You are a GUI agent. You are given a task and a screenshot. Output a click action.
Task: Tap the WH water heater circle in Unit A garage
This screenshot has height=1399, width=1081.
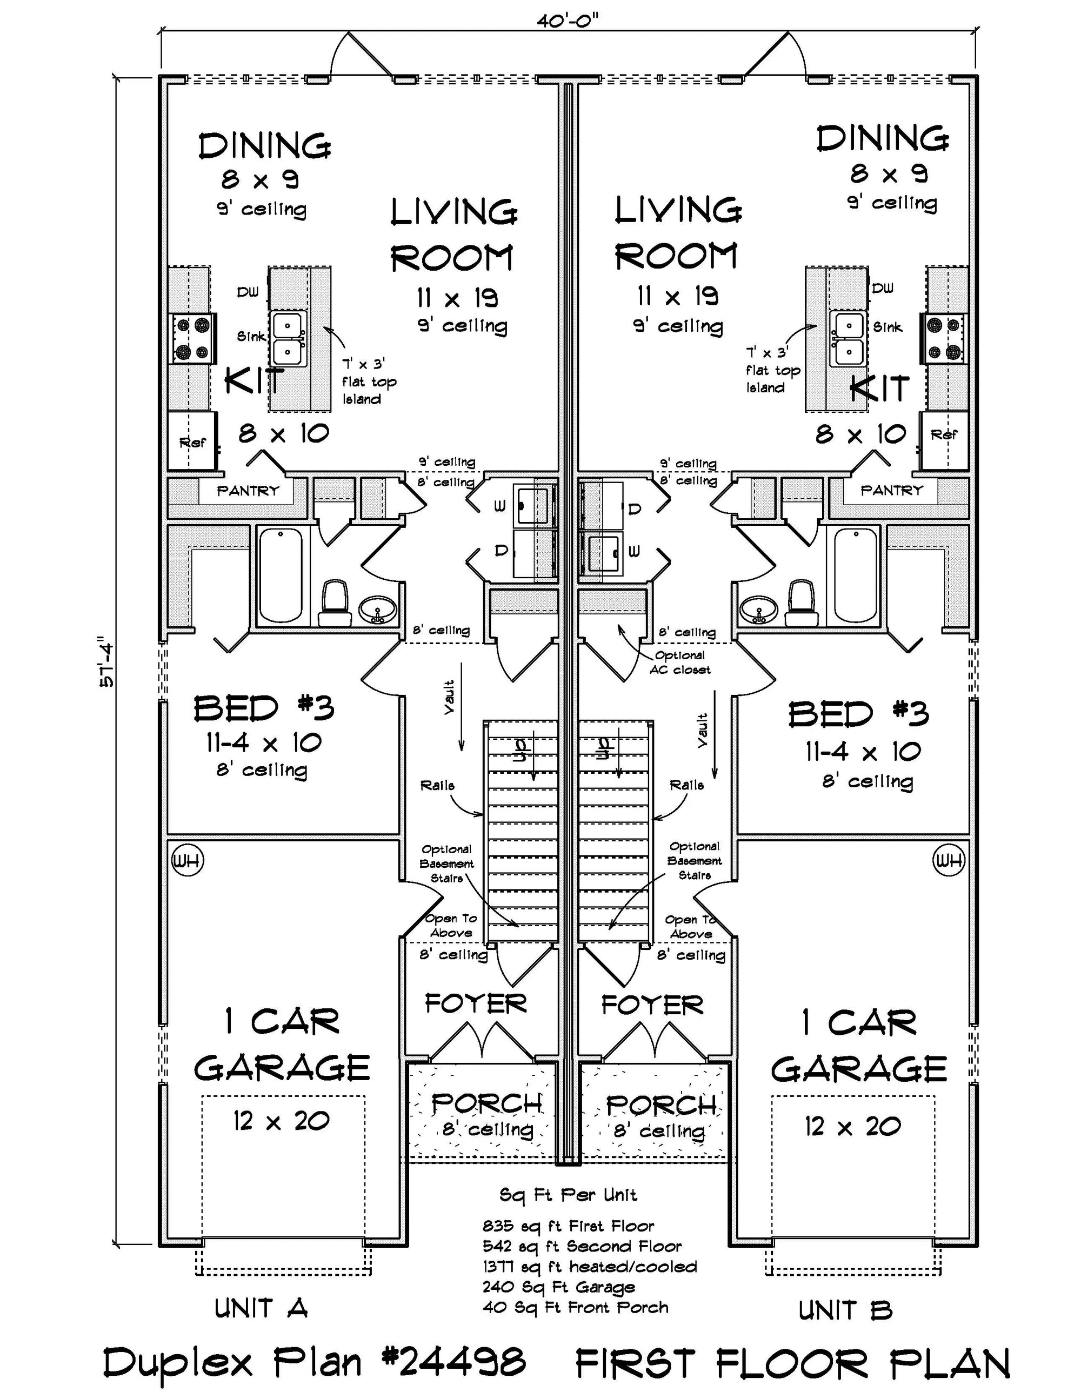187,861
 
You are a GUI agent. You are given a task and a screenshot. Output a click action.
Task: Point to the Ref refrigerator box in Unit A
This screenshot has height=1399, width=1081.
191,442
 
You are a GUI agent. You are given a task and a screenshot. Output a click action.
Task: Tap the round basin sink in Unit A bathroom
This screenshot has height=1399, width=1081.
377,610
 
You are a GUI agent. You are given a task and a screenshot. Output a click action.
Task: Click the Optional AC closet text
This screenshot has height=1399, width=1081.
680,662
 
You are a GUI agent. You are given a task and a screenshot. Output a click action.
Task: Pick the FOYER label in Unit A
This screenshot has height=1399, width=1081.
476,1003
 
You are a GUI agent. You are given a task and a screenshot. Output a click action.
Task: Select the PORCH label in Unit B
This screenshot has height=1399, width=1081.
660,1104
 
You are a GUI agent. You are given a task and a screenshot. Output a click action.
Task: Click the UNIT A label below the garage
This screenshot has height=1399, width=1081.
262,1309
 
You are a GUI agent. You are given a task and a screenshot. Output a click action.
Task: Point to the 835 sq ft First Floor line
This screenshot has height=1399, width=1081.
568,1227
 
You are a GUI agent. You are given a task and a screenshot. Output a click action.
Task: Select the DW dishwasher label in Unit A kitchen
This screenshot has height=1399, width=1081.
248,292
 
